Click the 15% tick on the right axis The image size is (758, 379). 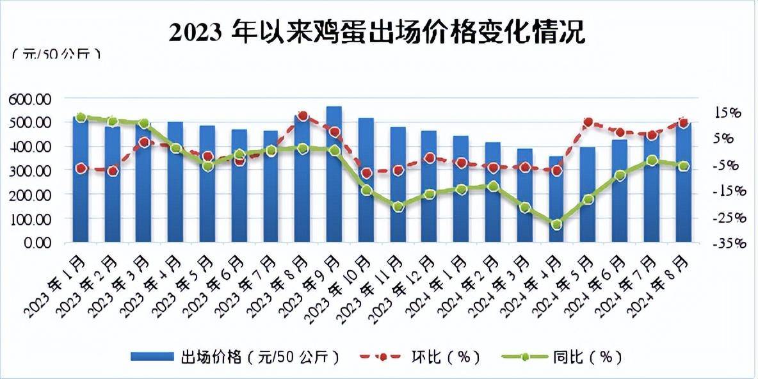pyautogui.click(x=727, y=113)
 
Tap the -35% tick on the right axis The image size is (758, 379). pyautogui.click(x=728, y=243)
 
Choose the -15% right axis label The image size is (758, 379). pyautogui.click(x=728, y=191)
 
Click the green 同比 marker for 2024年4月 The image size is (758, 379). pyautogui.click(x=556, y=225)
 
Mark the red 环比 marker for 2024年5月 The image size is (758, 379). pyautogui.click(x=588, y=122)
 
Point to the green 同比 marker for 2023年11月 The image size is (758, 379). pyautogui.click(x=398, y=207)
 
